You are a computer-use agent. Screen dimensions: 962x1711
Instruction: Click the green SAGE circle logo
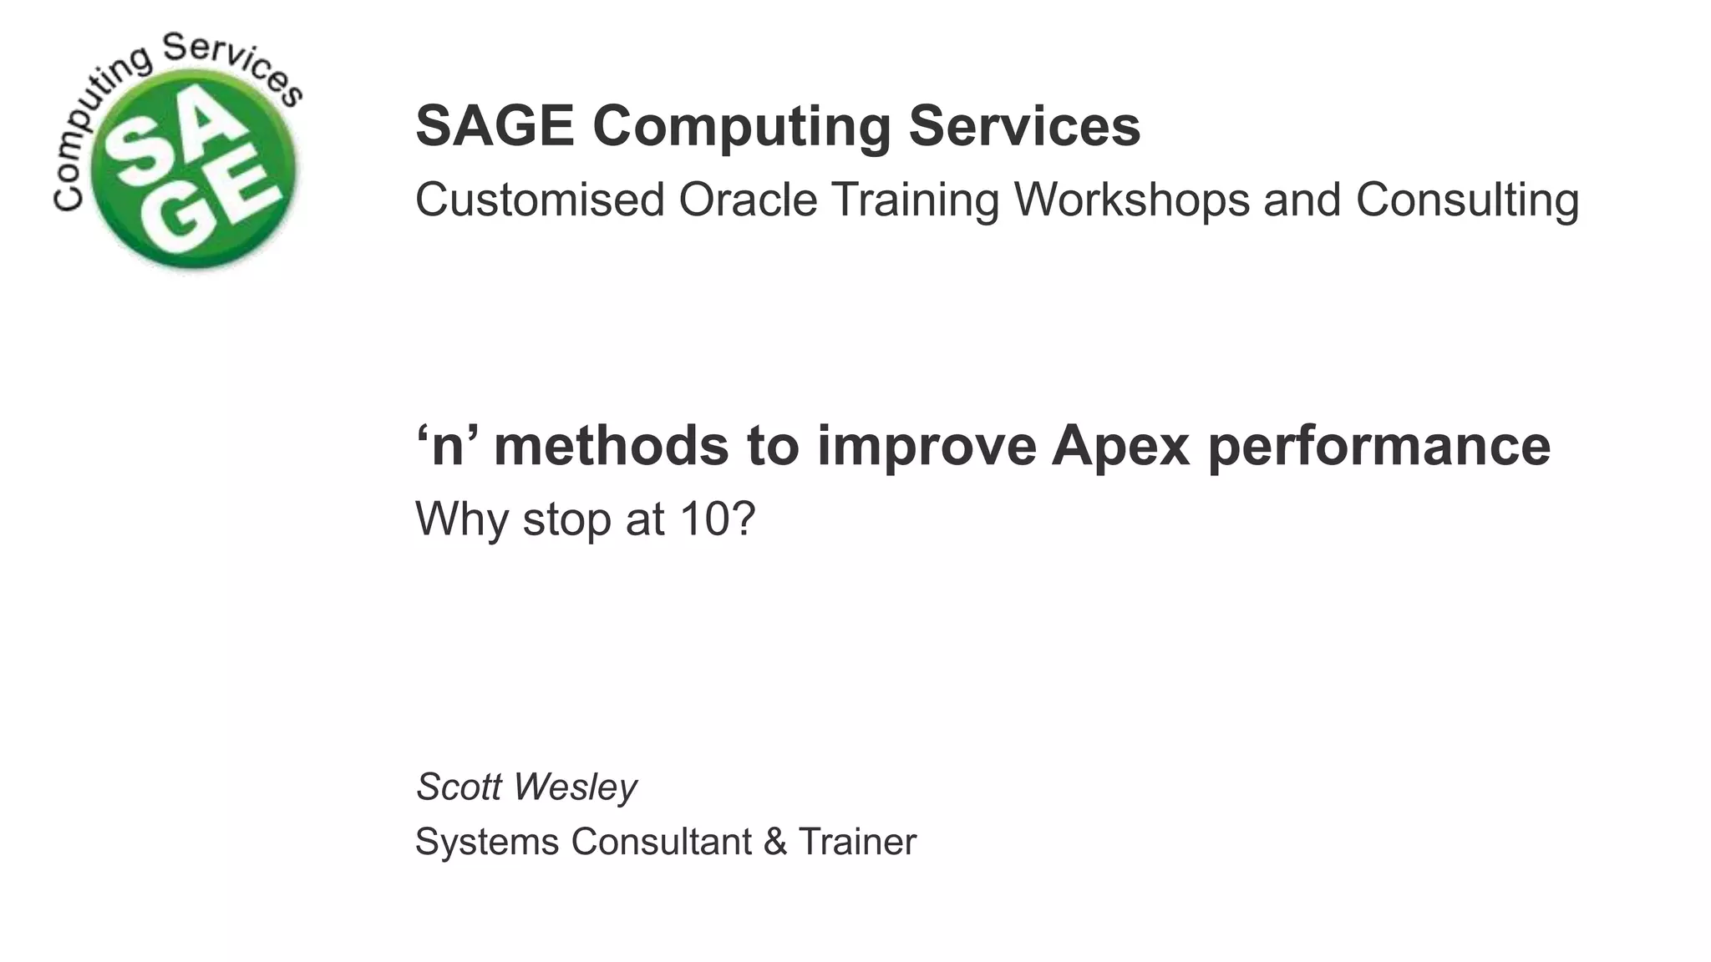pyautogui.click(x=193, y=167)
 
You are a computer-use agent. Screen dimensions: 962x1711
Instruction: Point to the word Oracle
pyautogui.click(x=747, y=200)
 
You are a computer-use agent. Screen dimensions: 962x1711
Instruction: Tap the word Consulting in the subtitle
pyautogui.click(x=1467, y=200)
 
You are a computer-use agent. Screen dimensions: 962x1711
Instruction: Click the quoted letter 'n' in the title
pyautogui.click(x=449, y=446)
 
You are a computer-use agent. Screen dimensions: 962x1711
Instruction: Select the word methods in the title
pyautogui.click(x=611, y=446)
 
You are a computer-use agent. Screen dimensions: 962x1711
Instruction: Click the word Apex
pyautogui.click(x=1120, y=446)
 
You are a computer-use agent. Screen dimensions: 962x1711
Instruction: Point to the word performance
pyautogui.click(x=1378, y=446)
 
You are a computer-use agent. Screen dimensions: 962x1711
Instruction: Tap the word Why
pyautogui.click(x=462, y=519)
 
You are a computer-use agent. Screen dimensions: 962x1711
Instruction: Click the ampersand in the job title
pyautogui.click(x=774, y=842)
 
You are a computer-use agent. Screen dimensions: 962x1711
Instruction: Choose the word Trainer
pyautogui.click(x=857, y=842)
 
